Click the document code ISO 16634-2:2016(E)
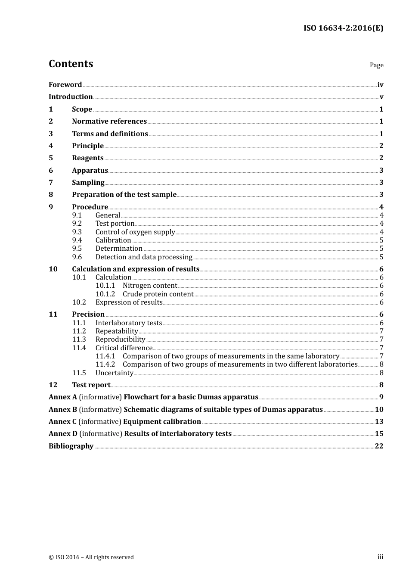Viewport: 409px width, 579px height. pyautogui.click(x=343, y=28)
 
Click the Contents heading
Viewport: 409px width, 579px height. pyautogui.click(x=71, y=64)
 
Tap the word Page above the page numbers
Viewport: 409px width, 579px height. pyautogui.click(x=376, y=65)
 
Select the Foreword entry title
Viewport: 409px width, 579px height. pyautogui.click(x=65, y=85)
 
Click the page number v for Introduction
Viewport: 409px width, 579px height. pyautogui.click(x=381, y=97)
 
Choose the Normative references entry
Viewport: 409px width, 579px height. pyautogui.click(x=109, y=121)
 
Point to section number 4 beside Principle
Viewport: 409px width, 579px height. pyautogui.click(x=51, y=146)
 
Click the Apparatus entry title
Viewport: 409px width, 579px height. pyautogui.click(x=90, y=171)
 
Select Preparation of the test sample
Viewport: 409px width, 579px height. pyautogui.click(x=124, y=195)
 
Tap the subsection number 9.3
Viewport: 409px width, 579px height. pyautogui.click(x=77, y=232)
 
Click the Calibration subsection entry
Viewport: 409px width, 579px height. pyautogui.click(x=113, y=240)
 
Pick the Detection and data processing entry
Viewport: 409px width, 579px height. pyautogui.click(x=144, y=257)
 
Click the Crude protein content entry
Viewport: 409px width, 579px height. pyautogui.click(x=158, y=294)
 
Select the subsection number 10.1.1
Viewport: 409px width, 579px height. pyautogui.click(x=105, y=286)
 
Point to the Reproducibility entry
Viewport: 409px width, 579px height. pyautogui.click(x=120, y=339)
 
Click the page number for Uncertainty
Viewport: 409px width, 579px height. pyautogui.click(x=381, y=373)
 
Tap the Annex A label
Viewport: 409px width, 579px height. pyautogui.click(x=63, y=397)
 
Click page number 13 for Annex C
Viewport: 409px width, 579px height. pyautogui.click(x=379, y=422)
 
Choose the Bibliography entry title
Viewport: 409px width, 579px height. pyautogui.click(x=71, y=446)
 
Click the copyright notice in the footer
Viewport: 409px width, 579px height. pyautogui.click(x=91, y=557)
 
